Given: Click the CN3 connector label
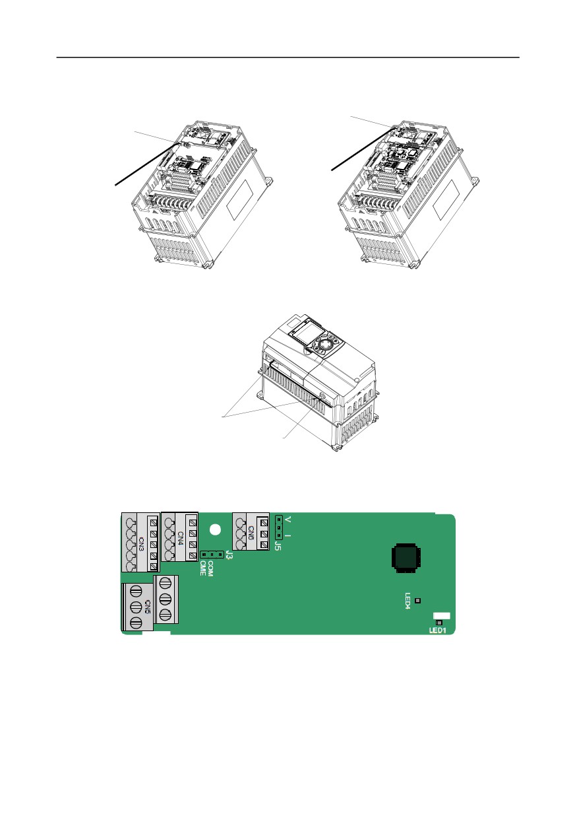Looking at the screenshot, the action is (x=142, y=544).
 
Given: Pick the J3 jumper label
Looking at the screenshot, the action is (x=229, y=555).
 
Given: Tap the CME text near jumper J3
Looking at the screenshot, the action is (x=203, y=568).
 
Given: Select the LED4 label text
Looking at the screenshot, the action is (x=408, y=601).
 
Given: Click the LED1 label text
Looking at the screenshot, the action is (x=437, y=631).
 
